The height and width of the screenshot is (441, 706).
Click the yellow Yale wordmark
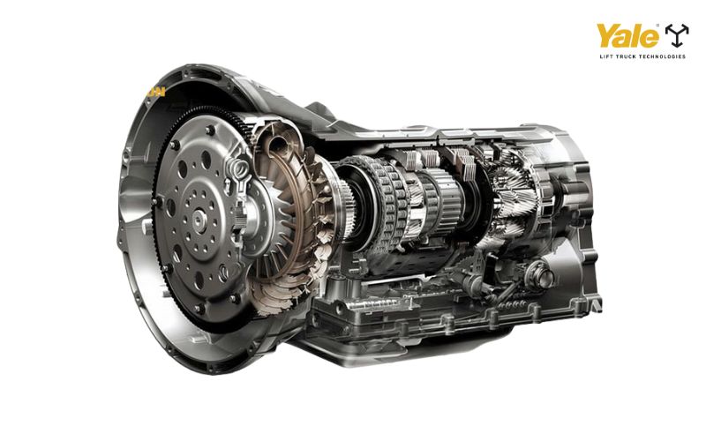coord(627,35)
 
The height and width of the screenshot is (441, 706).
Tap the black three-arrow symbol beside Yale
coord(677,35)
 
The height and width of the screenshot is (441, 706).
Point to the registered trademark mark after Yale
coord(657,26)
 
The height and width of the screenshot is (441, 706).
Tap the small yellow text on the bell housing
coord(156,92)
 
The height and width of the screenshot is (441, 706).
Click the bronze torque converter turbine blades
coord(293,216)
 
